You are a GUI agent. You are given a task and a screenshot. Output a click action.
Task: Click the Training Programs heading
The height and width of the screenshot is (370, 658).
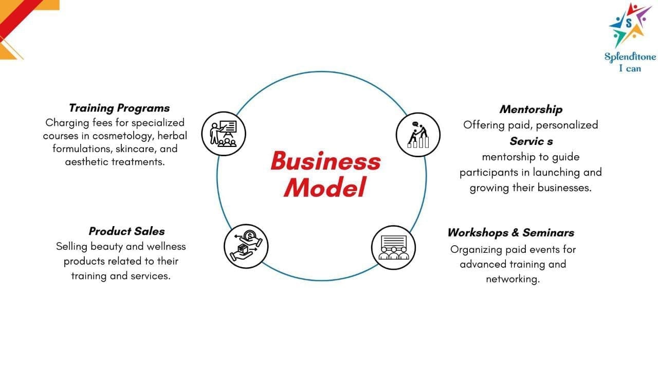tap(119, 108)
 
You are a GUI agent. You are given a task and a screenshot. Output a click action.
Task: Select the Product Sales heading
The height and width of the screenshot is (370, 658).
tap(126, 231)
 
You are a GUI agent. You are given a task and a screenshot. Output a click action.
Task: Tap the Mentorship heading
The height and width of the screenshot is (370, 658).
tap(531, 109)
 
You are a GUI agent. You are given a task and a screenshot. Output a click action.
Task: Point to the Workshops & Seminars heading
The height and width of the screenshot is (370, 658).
tap(510, 232)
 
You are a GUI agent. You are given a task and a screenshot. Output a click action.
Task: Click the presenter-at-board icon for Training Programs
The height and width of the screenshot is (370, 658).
tap(223, 134)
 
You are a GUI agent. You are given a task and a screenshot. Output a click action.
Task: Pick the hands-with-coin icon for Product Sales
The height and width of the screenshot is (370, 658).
tap(246, 246)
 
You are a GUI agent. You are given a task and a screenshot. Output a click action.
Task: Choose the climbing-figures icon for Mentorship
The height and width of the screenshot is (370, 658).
tap(418, 135)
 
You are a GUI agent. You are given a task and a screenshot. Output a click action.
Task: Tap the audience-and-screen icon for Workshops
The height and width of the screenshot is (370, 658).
tap(393, 247)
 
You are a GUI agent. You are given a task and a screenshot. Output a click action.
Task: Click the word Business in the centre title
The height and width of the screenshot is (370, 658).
tap(325, 161)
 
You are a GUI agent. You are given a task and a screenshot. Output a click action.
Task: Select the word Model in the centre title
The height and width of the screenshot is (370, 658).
tap(324, 187)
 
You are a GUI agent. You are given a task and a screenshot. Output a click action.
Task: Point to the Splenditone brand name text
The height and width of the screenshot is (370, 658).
tap(630, 57)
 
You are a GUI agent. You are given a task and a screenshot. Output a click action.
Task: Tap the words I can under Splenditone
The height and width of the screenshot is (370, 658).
tap(630, 68)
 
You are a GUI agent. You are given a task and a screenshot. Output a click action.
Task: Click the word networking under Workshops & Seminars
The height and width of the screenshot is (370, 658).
tap(513, 280)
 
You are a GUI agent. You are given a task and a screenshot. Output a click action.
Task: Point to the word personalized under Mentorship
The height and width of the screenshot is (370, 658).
tap(567, 125)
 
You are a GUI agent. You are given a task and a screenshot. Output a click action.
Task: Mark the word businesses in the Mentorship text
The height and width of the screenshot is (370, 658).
tap(564, 188)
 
